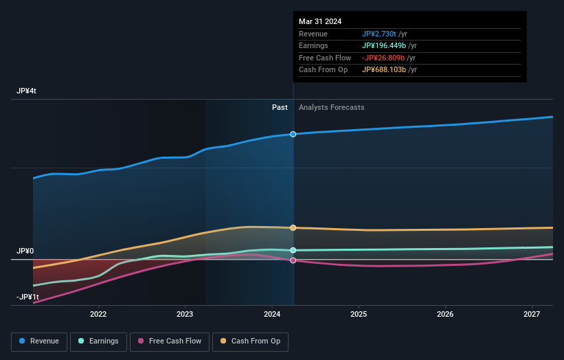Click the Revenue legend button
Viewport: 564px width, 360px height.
click(39, 341)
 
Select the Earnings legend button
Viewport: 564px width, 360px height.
click(98, 341)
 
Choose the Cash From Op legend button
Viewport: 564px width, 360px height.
click(251, 341)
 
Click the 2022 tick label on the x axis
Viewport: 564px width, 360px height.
click(98, 315)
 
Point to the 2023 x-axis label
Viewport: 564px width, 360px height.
click(185, 315)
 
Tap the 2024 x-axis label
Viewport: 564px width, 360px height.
click(272, 315)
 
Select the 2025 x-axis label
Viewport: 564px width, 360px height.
click(359, 315)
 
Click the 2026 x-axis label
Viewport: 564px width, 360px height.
click(445, 315)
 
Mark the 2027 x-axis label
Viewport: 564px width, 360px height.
click(532, 315)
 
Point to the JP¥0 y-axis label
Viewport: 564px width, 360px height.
click(25, 251)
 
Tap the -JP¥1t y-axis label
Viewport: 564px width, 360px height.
click(28, 297)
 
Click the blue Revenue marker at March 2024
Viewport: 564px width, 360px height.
click(293, 134)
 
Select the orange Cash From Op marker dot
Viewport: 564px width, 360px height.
click(293, 227)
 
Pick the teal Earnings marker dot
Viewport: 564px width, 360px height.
click(293, 250)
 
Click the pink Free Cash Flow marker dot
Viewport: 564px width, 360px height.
click(293, 260)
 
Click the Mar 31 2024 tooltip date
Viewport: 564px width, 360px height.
click(320, 22)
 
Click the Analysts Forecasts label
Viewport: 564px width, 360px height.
click(331, 107)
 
